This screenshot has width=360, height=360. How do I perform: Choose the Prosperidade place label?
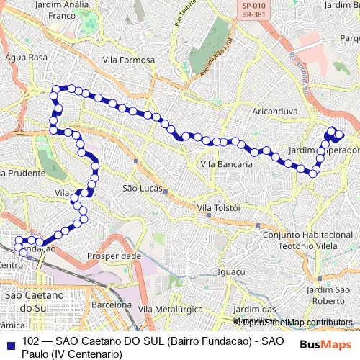(113, 256)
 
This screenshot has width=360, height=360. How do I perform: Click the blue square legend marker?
(9, 341)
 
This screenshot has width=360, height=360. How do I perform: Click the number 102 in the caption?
(31, 341)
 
